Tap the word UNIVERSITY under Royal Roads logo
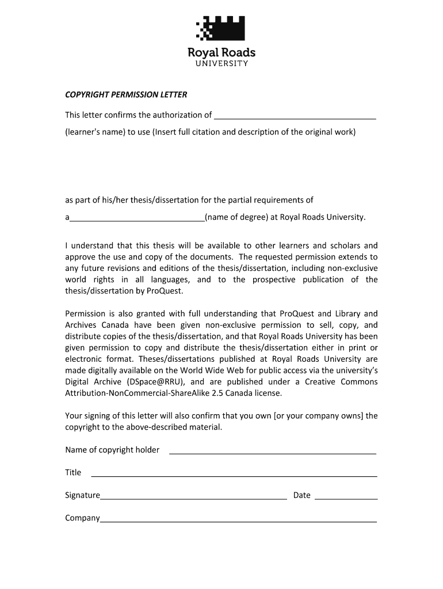pyautogui.click(x=221, y=63)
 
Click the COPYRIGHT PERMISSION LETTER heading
pyautogui.click(x=126, y=94)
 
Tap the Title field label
pyautogui.click(x=73, y=472)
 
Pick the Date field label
pyautogui.click(x=301, y=495)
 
